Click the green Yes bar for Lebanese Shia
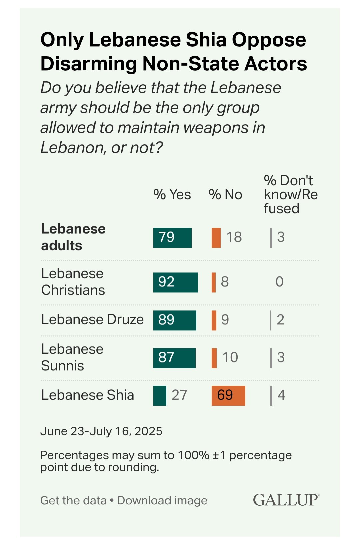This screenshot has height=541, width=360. pos(160,395)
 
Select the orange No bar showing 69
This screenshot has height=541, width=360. pos(228,395)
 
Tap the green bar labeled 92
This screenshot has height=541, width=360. pos(175,282)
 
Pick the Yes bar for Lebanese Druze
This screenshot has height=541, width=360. pos(175,320)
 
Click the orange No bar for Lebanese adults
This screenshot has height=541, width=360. pos(216,238)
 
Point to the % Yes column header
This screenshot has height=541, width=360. pos(172,195)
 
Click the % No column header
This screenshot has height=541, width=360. pos(225,195)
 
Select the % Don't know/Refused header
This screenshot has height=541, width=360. pos(290,195)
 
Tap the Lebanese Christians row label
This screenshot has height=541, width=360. pos(73,282)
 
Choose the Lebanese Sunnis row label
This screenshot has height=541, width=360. pos(72,357)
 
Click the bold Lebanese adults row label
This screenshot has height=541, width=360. pos(73,237)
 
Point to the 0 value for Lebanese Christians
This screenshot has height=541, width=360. pos(279,282)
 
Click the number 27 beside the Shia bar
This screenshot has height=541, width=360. pos(179,395)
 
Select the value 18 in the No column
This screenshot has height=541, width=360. pos(234,238)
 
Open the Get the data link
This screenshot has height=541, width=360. pos(73,500)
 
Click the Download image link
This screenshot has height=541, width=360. pos(162,500)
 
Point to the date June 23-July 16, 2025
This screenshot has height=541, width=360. pos(101,431)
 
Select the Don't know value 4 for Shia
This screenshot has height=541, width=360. pos(281,395)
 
